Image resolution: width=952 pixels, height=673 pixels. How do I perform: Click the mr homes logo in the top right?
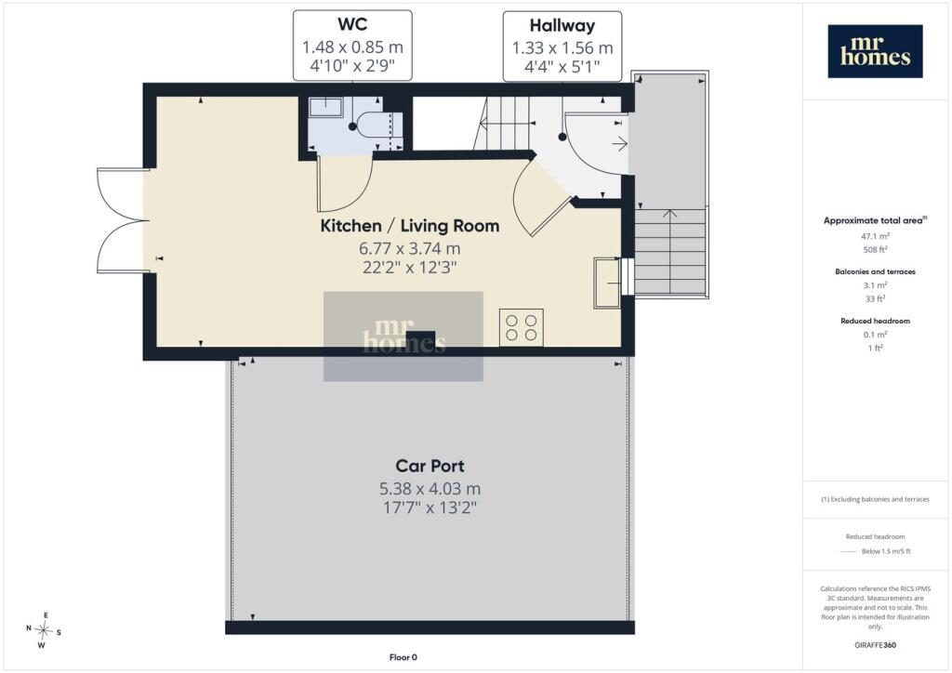click(875, 51)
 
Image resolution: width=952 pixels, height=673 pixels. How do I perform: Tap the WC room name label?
click(352, 24)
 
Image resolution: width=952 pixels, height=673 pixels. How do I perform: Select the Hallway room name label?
click(562, 25)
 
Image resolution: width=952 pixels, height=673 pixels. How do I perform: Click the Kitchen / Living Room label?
click(410, 226)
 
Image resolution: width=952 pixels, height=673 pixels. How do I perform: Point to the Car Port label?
click(430, 466)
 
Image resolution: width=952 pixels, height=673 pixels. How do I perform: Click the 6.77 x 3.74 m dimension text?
click(410, 248)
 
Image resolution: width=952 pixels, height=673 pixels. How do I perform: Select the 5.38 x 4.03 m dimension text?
click(430, 489)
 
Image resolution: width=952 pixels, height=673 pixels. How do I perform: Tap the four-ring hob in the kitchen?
click(522, 328)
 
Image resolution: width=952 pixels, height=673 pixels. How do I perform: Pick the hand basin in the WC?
click(325, 108)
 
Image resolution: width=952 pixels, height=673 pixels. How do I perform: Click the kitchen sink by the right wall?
click(607, 283)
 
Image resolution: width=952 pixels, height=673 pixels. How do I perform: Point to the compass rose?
click(43, 630)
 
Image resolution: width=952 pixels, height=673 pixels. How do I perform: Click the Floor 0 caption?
click(403, 657)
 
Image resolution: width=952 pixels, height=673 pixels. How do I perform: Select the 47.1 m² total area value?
click(875, 236)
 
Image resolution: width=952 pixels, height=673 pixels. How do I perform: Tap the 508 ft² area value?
click(875, 249)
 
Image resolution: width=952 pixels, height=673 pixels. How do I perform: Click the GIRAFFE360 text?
click(875, 645)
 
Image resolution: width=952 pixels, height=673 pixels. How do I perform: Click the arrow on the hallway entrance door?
click(619, 144)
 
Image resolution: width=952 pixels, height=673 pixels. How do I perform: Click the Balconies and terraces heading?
click(875, 271)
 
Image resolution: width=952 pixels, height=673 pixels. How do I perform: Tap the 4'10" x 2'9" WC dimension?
click(352, 66)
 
